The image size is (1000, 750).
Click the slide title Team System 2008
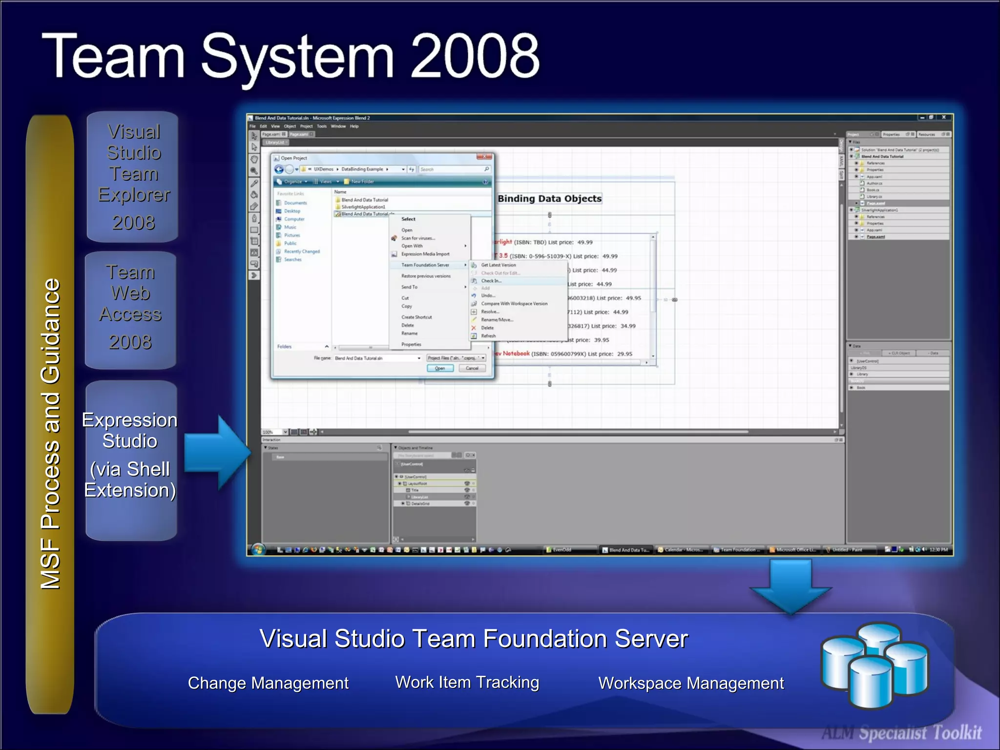(291, 56)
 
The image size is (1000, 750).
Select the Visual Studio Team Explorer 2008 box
(133, 177)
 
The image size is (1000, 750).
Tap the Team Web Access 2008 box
(130, 310)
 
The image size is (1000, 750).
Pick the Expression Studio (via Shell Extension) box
(131, 459)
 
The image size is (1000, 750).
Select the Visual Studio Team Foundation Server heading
(473, 639)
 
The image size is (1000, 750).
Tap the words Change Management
(268, 683)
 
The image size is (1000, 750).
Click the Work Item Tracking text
(467, 682)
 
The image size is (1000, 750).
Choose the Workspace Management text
(691, 683)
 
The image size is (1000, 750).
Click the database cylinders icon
(875, 664)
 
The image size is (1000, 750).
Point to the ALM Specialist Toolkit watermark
(901, 733)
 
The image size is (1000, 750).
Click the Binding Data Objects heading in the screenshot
(549, 199)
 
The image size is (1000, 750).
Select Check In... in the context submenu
(491, 281)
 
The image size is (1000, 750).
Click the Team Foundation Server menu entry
(425, 265)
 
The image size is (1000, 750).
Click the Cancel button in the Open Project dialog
(472, 368)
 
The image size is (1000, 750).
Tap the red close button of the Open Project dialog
(484, 157)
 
